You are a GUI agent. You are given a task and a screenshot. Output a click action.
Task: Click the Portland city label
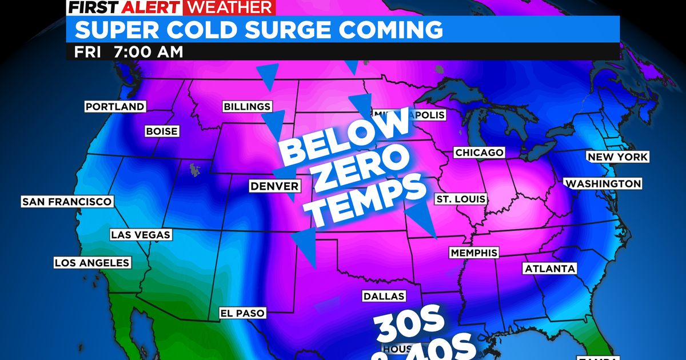click(115, 106)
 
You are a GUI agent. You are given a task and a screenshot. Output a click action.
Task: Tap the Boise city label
click(162, 131)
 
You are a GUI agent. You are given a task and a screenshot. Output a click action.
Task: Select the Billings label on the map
click(247, 107)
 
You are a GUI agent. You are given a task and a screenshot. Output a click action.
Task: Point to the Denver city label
click(274, 186)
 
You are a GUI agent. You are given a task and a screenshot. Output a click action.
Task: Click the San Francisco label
click(66, 202)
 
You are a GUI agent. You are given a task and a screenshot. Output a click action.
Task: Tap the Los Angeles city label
click(92, 263)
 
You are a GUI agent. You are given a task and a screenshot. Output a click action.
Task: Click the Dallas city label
click(384, 296)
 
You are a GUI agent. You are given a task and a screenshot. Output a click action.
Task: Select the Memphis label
click(474, 253)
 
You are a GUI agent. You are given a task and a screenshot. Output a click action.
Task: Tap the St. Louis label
click(460, 199)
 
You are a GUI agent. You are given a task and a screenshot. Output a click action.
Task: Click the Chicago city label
click(479, 153)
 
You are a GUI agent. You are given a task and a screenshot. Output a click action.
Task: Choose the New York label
click(617, 157)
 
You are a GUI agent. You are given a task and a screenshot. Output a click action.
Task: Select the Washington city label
click(603, 183)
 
